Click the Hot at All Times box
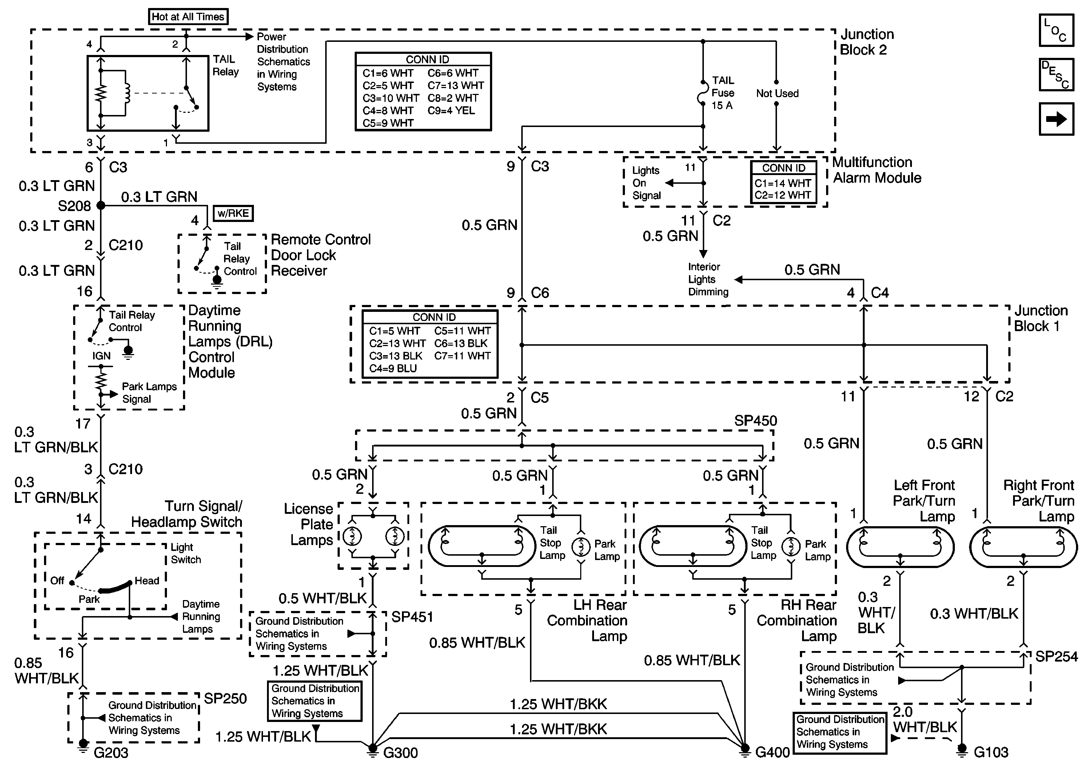pos(188,17)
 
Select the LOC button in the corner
pos(1056,31)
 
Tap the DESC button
pos(1056,75)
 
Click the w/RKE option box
pos(233,213)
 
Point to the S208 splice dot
pos(101,206)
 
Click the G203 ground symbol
pos(83,745)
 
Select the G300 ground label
pos(400,753)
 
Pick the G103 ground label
pos(991,752)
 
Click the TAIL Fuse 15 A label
pos(723,93)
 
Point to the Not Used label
pos(777,93)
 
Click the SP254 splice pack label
pos(1057,656)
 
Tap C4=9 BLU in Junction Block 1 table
pos(393,368)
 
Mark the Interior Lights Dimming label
pos(708,279)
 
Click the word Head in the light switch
pos(147,580)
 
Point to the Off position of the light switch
pos(57,580)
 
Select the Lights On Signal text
pos(646,183)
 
